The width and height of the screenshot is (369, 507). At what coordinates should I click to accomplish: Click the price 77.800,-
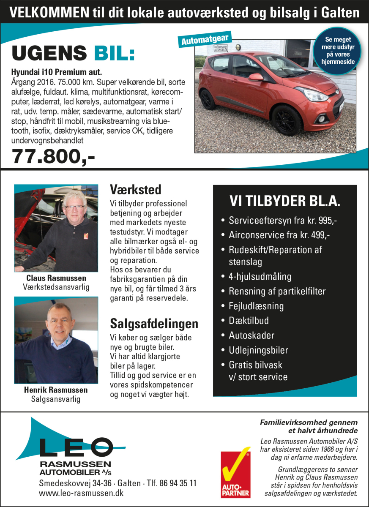coord(53,156)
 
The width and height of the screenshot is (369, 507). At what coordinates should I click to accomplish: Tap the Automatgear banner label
coord(205,40)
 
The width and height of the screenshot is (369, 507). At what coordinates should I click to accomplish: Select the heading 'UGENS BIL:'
coord(73,54)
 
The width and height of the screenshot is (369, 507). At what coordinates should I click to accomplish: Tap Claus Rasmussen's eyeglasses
coord(74,207)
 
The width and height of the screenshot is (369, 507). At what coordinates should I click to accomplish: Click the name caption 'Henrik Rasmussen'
coord(56,390)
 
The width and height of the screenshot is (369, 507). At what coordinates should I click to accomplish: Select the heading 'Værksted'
coord(135,189)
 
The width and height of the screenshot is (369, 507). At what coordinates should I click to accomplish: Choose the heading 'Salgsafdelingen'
coord(154,324)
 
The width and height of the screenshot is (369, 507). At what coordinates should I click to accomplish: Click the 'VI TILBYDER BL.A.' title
coord(284,201)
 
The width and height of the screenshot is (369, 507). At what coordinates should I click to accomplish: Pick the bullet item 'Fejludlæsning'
coord(256,306)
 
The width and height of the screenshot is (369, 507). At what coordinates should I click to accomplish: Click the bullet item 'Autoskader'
coord(251,335)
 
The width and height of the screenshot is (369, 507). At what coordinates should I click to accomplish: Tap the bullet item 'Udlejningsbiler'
coord(258,350)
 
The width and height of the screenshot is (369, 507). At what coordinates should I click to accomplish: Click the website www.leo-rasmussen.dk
coord(81,493)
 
